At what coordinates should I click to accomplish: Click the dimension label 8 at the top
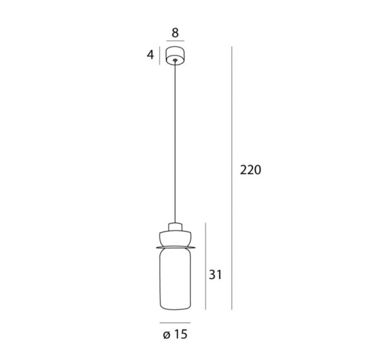(x=175, y=33)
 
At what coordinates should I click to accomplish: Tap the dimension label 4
(x=151, y=55)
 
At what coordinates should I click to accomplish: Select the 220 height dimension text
(x=251, y=169)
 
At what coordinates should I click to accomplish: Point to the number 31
(x=215, y=275)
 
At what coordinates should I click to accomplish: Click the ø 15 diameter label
(x=175, y=334)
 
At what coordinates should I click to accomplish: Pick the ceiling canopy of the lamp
(x=175, y=56)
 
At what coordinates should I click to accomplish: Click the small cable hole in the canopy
(x=175, y=60)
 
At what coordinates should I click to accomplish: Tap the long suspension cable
(x=175, y=142)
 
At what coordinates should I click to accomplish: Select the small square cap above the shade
(x=175, y=226)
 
